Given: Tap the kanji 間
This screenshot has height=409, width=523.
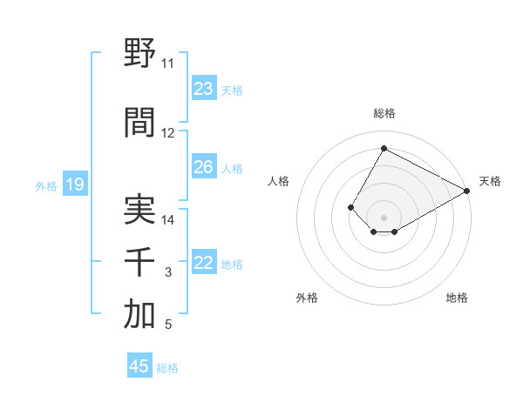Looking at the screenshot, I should coord(139,123).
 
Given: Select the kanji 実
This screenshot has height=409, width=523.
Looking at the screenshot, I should coord(139,210).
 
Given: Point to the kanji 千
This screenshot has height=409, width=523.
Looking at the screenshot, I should coord(139,262).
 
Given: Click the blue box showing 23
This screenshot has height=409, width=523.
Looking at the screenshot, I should coord(204,89).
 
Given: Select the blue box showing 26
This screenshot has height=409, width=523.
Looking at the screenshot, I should coord(204,167).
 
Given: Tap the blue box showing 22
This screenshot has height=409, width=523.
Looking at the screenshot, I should coord(204,264).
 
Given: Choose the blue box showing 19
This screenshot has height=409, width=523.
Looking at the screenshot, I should coord(74,184).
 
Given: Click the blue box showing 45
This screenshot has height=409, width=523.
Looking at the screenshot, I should coord(139,366).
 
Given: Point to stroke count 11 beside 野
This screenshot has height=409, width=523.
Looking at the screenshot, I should coord(167,64).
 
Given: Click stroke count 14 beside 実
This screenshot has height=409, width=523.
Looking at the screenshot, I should coord(168,220).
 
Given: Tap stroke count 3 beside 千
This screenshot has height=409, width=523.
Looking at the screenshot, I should coord(168,273).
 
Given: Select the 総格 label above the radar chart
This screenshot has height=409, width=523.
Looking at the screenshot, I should coord(384,113).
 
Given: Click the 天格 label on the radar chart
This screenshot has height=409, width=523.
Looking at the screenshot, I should coord(490,181).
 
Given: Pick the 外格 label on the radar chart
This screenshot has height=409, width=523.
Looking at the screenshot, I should coord(307,298).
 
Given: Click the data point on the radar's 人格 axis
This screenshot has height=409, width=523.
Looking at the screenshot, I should coord(350,207).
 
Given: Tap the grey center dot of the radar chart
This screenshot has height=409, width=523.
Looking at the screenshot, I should coord(384,217).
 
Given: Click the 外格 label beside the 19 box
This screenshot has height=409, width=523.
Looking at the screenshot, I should coord(46,185).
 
